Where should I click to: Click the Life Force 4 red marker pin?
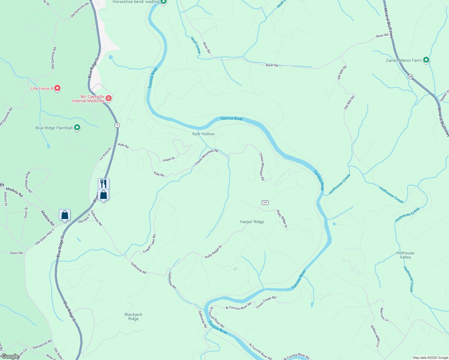[57, 88]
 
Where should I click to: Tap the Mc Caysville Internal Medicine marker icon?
[109, 98]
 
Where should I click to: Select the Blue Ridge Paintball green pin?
[77, 127]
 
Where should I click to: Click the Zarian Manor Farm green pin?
[426, 60]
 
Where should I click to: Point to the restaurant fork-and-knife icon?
[104, 183]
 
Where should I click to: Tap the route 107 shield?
[265, 202]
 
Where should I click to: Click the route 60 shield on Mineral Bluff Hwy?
[410, 76]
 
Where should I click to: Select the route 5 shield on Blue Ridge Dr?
[117, 125]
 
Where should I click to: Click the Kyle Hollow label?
[203, 134]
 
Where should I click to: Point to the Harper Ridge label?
[252, 222]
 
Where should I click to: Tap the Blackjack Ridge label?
[134, 316]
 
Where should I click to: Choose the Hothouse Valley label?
[405, 255]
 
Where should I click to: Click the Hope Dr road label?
[169, 159]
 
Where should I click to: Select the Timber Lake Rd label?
[149, 244]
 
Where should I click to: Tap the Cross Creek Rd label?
[266, 302]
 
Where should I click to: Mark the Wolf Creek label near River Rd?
[196, 45]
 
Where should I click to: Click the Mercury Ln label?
[384, 315]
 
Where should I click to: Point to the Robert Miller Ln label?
[375, 336]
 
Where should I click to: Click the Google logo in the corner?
[10, 356]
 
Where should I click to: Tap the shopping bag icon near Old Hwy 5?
[65, 215]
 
